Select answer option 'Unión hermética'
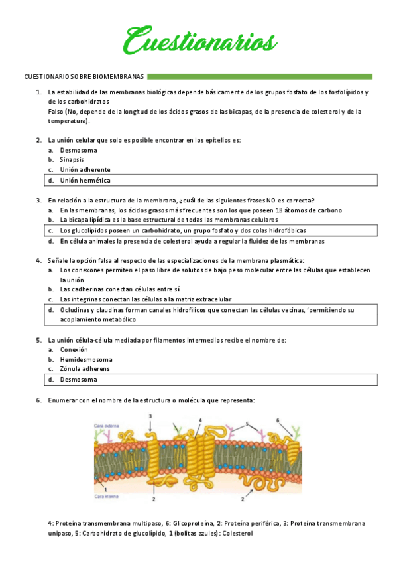click(x=85, y=180)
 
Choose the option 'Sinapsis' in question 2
click(x=72, y=159)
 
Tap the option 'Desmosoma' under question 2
click(x=78, y=149)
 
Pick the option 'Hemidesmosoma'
click(x=86, y=359)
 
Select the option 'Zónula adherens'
click(x=85, y=369)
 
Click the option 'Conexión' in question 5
click(x=74, y=349)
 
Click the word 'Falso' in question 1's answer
click(x=56, y=112)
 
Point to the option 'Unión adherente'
click(x=85, y=169)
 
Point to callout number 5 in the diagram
click(x=247, y=423)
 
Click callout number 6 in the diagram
click(x=278, y=420)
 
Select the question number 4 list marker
click(x=38, y=260)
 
